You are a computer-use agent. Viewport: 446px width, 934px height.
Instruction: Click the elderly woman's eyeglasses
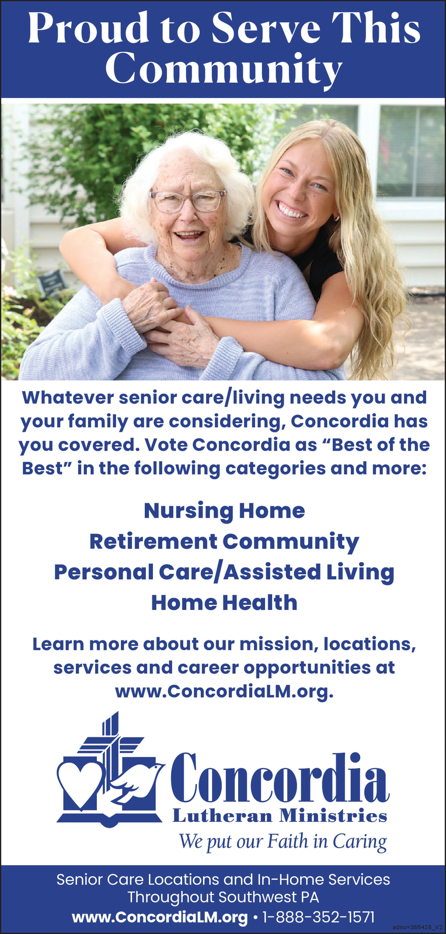click(x=188, y=200)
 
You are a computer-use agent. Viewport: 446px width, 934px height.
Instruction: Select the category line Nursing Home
click(x=224, y=511)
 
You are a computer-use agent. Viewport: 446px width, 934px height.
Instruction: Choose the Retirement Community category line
click(x=224, y=542)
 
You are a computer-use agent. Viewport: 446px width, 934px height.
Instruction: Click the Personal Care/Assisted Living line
click(x=224, y=573)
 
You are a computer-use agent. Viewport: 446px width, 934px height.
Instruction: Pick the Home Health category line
click(x=224, y=602)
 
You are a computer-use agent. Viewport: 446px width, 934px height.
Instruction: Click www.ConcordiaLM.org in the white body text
click(x=224, y=692)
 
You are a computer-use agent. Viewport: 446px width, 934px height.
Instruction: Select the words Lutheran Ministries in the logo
click(x=280, y=815)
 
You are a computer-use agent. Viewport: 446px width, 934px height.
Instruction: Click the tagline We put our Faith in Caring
click(x=283, y=841)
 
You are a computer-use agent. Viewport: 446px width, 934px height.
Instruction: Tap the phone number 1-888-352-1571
click(x=318, y=917)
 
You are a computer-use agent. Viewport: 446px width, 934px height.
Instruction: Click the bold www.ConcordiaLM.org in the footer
click(x=159, y=917)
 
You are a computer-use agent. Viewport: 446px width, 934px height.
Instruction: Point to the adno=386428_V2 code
click(x=418, y=927)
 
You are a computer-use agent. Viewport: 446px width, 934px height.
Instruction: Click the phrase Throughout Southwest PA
click(x=224, y=897)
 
